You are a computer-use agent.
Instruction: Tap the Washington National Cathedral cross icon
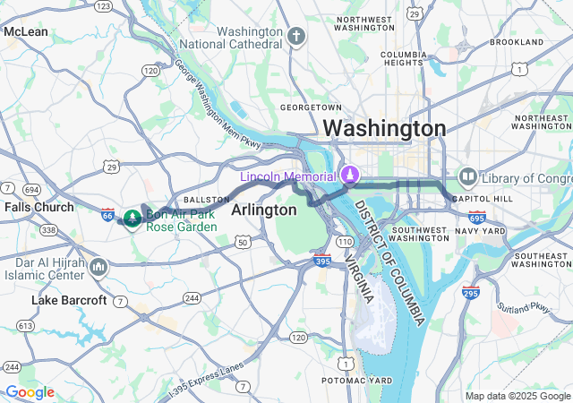pos(296,36)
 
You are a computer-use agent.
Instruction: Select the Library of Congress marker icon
pos(467,176)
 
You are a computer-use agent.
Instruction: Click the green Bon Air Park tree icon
pos(132,217)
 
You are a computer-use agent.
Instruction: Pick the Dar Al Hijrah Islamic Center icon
pos(98,267)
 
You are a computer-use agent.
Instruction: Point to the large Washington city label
pos(384,129)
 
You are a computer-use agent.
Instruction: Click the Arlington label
pos(263,210)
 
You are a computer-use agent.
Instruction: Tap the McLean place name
pos(26,31)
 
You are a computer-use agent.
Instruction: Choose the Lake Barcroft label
pos(68,300)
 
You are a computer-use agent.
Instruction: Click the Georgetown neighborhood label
pos(311,107)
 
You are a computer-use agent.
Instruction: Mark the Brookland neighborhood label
pos(517,42)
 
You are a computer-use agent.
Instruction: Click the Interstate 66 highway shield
pos(107,215)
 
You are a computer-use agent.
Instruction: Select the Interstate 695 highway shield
pos(477,217)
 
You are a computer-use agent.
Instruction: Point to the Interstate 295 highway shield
pos(471,291)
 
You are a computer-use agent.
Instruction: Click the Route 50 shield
pos(243,242)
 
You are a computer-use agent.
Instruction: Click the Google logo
pos(30,392)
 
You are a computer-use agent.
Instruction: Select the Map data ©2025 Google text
pos(517,396)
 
